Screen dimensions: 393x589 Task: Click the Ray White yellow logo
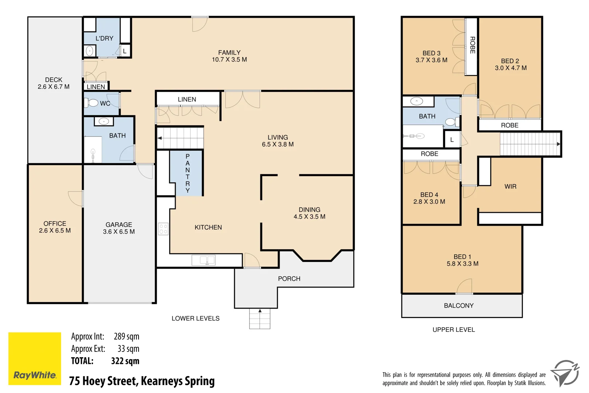pyautogui.click(x=35, y=358)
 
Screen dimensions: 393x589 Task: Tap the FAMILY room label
pyautogui.click(x=229, y=53)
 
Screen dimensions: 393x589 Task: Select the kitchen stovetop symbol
pyautogui.click(x=163, y=229)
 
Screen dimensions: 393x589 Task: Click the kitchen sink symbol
pyautogui.click(x=203, y=260)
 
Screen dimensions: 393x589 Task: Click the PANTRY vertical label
pyautogui.click(x=188, y=173)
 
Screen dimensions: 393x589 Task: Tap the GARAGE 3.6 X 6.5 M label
pyautogui.click(x=119, y=228)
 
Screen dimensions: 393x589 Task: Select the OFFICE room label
pyautogui.click(x=55, y=223)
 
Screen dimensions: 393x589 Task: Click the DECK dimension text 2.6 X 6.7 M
pyautogui.click(x=53, y=87)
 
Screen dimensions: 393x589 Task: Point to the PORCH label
pyautogui.click(x=289, y=279)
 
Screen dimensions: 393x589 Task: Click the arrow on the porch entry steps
pyautogui.click(x=260, y=311)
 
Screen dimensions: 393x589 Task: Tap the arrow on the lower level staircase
pyautogui.click(x=160, y=138)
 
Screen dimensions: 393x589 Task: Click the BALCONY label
pyautogui.click(x=458, y=306)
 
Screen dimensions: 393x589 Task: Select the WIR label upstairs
pyautogui.click(x=510, y=187)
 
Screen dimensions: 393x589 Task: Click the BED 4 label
pyautogui.click(x=429, y=195)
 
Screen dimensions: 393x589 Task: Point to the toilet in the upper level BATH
pyautogui.click(x=451, y=122)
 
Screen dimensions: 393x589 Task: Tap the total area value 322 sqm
pyautogui.click(x=125, y=361)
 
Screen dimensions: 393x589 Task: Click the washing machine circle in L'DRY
pyautogui.click(x=89, y=51)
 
